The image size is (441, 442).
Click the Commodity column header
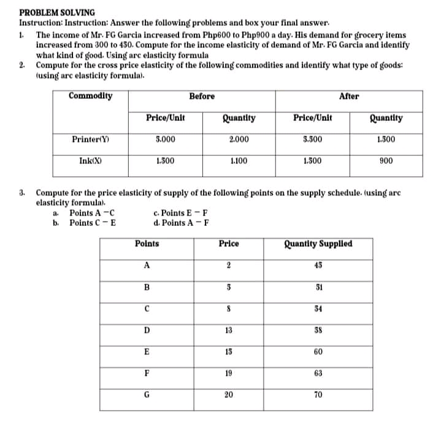click(x=90, y=96)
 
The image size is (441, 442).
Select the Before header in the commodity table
click(x=202, y=96)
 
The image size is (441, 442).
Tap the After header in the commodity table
click(x=349, y=96)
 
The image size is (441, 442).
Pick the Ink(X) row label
click(x=90, y=161)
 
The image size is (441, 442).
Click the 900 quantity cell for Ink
click(x=386, y=161)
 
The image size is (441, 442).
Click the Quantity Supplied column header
click(x=318, y=244)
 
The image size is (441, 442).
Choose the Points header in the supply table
click(x=147, y=244)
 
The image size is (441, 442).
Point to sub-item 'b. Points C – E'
click(x=90, y=222)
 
